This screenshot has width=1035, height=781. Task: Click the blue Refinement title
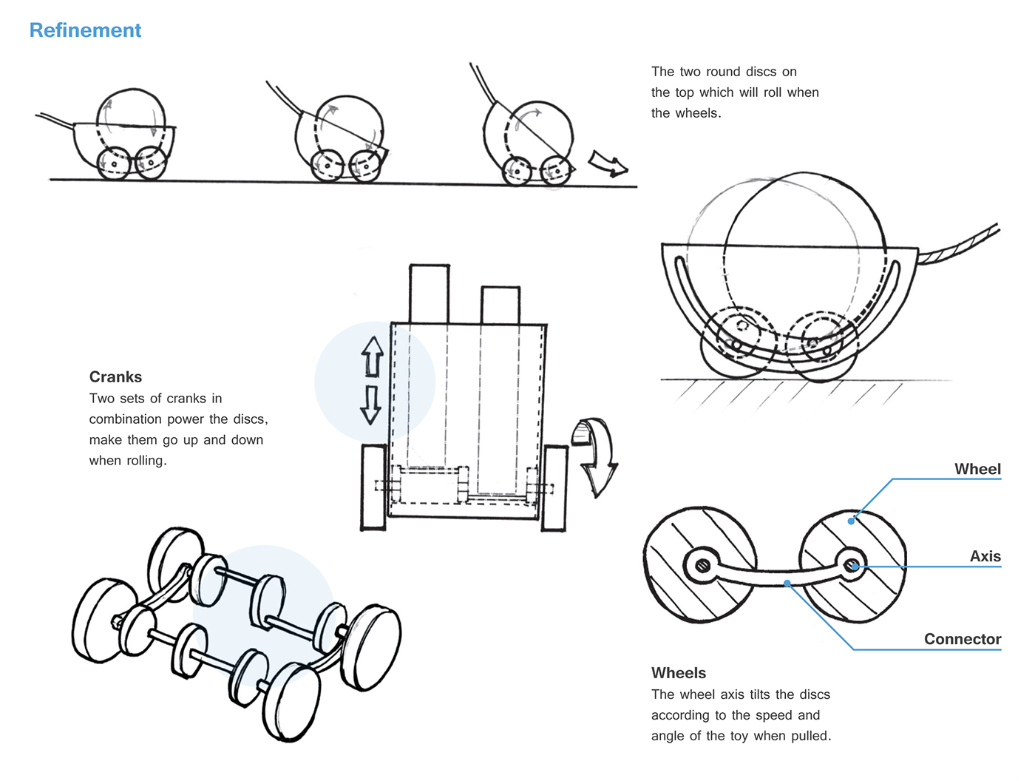point(85,30)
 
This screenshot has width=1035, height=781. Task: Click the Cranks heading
point(115,376)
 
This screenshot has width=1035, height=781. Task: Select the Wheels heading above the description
point(678,673)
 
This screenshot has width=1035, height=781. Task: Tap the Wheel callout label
point(977,469)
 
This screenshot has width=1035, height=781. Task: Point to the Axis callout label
point(985,556)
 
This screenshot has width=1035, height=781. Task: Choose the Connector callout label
point(962,639)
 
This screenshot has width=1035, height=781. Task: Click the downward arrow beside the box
point(371,404)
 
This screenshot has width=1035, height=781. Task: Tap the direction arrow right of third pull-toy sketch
point(608,163)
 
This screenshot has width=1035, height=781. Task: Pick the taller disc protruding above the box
point(429,294)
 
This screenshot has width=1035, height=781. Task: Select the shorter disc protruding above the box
point(500,305)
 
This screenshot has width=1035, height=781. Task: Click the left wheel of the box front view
point(374,487)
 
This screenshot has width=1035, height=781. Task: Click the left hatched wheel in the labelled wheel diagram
point(699,565)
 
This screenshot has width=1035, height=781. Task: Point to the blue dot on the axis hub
point(855,567)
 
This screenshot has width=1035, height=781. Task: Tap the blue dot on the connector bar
point(788,584)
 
